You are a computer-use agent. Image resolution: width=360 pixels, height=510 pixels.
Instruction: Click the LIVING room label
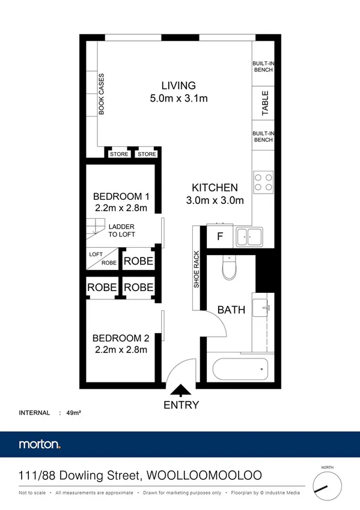point(178,85)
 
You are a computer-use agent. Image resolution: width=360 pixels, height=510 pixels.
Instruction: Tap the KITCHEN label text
point(215,188)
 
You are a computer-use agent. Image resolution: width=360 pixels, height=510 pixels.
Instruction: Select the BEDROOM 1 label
point(121,197)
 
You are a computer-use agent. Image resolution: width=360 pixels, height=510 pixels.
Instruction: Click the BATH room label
point(231,310)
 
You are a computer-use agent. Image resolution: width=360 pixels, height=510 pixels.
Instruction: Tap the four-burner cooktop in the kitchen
point(263,182)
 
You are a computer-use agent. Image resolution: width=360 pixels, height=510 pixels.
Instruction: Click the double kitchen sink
point(249,236)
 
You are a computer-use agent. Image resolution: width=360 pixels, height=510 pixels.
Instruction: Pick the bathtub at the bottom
point(239,367)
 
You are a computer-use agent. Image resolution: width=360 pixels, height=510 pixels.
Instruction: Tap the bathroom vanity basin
point(262,307)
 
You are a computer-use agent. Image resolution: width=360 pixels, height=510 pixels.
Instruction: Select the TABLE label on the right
point(264,103)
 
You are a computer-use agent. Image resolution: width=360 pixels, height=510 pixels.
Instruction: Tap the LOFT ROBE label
point(102,259)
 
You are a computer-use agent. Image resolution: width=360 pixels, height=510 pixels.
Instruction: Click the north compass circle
point(326,487)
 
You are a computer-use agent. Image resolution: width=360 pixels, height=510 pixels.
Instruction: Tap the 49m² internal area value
point(74,413)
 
